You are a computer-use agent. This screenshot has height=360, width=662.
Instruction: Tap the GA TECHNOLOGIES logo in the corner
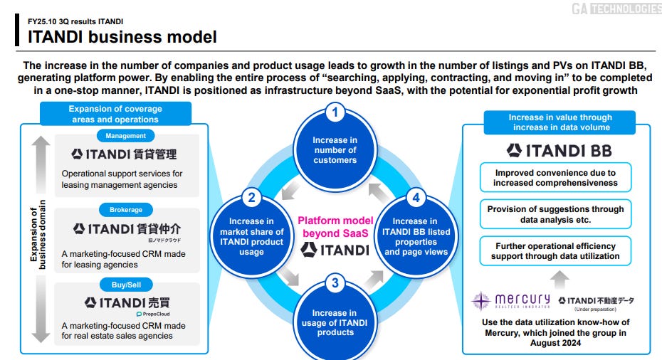tap(616, 9)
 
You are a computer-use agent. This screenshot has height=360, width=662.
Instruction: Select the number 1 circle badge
tap(335, 112)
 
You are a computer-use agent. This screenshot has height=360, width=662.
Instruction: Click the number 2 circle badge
tap(251, 198)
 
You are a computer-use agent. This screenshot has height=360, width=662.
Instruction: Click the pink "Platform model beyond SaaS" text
tap(335, 226)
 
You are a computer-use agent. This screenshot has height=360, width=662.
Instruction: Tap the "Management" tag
tap(126, 135)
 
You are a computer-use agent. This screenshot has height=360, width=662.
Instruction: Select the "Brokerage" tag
tap(126, 210)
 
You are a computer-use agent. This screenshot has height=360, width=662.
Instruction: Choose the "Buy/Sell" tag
tap(126, 285)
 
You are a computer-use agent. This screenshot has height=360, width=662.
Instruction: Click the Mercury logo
tap(511, 301)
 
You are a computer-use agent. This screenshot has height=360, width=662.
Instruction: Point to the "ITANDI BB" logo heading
tap(559, 150)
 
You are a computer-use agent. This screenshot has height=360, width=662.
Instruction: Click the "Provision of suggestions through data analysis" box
tap(555, 215)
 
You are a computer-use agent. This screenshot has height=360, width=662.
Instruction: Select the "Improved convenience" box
tap(555, 178)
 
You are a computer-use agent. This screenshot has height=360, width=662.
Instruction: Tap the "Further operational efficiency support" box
tap(555, 251)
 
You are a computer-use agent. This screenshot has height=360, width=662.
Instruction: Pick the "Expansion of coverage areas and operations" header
tap(115, 114)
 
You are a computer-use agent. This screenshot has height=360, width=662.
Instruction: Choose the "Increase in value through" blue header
tap(560, 122)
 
